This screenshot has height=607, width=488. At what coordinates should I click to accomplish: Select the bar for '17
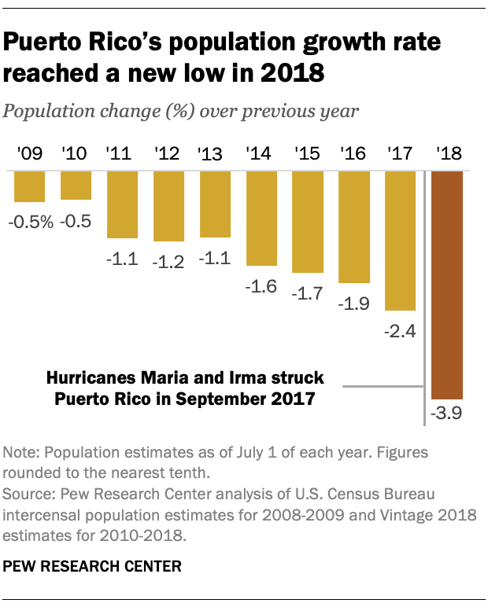[401, 241]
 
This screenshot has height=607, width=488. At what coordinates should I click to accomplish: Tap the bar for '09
[30, 186]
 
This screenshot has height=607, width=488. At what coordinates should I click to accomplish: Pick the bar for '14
[261, 218]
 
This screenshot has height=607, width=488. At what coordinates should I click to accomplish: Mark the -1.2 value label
[168, 259]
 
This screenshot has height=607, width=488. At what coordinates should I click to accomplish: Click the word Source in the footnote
[28, 494]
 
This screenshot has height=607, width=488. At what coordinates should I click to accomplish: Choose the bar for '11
[122, 204]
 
